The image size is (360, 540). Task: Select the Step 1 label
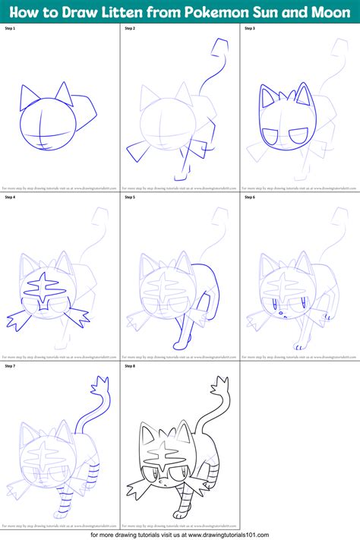[11, 28]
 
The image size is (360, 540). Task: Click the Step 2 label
[131, 28]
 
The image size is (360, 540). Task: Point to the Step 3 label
[250, 28]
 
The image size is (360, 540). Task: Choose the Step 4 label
[11, 197]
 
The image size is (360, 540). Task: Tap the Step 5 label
[131, 197]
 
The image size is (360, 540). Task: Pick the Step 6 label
[250, 197]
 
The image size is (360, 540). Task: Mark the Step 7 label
[11, 365]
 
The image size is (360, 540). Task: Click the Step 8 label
[131, 365]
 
